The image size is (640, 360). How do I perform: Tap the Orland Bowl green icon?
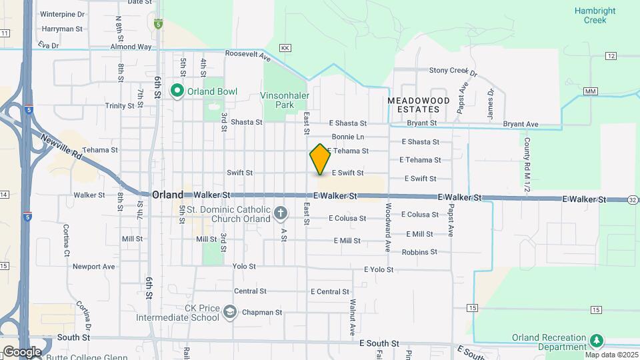coord(177,91)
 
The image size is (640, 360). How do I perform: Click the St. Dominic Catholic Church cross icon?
coord(281,214)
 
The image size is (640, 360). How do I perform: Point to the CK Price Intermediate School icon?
coord(230,311)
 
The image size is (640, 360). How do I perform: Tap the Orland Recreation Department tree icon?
coord(597,341)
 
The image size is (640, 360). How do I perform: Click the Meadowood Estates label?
coord(418,104)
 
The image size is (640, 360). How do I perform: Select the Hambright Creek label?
coord(590,15)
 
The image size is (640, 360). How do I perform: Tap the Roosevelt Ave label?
coord(246,54)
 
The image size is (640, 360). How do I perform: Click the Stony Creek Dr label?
coord(453,71)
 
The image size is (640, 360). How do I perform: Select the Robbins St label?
coord(419,252)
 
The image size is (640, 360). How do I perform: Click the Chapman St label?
coord(262,312)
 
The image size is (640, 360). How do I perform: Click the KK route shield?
coord(285,48)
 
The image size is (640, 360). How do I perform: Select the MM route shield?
coord(589,91)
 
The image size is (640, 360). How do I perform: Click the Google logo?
coord(22,351)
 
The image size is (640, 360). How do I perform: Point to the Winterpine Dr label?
coord(63,14)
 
